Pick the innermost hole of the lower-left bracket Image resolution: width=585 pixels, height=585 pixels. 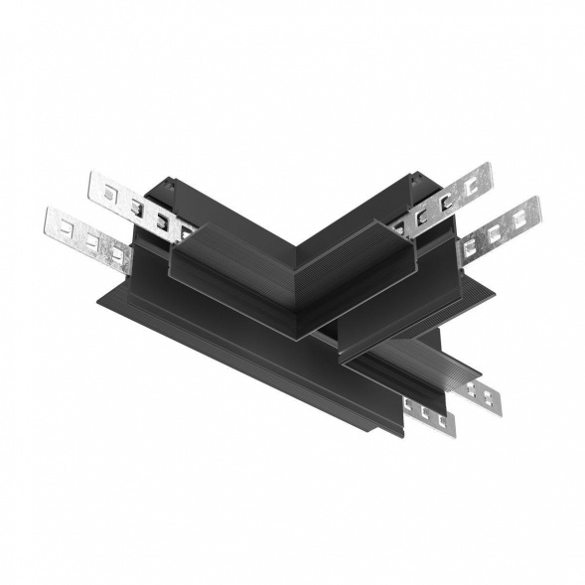pos(118,254)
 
